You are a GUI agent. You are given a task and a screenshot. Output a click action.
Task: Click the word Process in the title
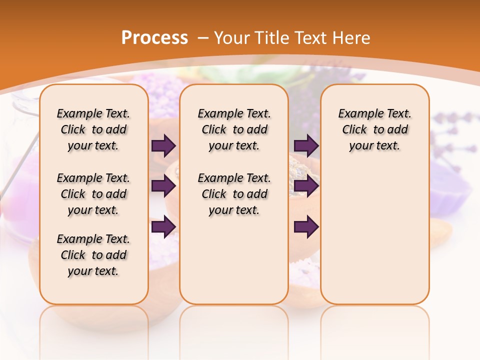click(154, 38)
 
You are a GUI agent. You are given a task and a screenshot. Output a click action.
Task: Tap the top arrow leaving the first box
click(163, 145)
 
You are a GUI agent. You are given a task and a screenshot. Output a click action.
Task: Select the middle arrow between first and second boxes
click(163, 186)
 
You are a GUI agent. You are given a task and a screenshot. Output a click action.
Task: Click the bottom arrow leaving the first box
click(163, 226)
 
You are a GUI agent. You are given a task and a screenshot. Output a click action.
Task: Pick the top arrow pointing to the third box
click(306, 145)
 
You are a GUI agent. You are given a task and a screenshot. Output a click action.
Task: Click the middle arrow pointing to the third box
click(306, 186)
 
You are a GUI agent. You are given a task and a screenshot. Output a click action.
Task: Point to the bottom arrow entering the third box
click(306, 226)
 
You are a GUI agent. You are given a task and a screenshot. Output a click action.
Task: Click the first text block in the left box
click(93, 129)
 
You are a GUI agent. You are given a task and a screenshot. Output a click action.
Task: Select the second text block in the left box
click(93, 194)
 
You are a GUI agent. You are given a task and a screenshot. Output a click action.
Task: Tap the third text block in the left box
click(93, 255)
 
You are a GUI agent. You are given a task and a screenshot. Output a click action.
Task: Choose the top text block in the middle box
click(234, 129)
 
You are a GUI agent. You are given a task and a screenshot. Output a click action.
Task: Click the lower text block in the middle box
click(234, 194)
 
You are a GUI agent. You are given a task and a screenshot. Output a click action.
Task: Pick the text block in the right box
click(374, 129)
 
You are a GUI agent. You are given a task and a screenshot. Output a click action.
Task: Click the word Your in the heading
click(232, 38)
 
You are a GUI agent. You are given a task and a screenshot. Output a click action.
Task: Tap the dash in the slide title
click(203, 38)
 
